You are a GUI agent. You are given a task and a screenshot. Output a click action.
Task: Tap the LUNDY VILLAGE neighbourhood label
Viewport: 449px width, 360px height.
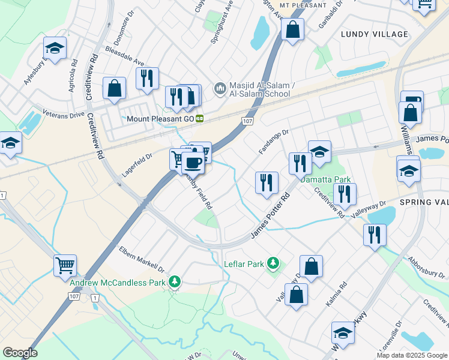tap(374, 34)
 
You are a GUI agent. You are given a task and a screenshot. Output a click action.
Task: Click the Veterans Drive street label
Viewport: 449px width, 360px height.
tap(63, 114)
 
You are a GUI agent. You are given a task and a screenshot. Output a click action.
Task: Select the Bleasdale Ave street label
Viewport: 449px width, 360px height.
tap(124, 55)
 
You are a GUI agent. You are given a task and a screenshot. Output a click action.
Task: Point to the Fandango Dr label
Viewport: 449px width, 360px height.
tap(274, 141)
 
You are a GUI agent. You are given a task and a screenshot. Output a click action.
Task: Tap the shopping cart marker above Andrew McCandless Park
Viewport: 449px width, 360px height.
tap(65, 265)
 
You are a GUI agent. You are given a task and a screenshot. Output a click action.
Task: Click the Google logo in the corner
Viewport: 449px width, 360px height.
tap(20, 353)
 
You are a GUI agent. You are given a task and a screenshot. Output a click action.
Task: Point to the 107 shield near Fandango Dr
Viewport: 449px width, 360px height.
tap(247, 121)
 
